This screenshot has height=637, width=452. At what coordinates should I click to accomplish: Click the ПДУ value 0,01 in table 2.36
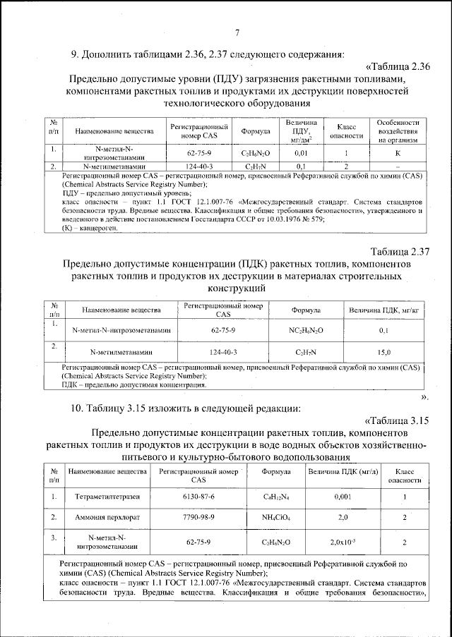pyautogui.click(x=301, y=152)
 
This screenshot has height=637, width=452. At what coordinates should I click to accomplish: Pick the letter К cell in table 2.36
pyautogui.click(x=398, y=152)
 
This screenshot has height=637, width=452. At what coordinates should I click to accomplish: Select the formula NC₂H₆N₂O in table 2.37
pyautogui.click(x=307, y=330)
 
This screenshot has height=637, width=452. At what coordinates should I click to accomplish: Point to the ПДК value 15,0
pyautogui.click(x=384, y=351)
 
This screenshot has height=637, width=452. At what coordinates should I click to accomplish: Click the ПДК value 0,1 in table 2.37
pyautogui.click(x=384, y=330)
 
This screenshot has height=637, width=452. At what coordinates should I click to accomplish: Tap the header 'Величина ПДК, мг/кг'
pyautogui.click(x=384, y=310)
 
